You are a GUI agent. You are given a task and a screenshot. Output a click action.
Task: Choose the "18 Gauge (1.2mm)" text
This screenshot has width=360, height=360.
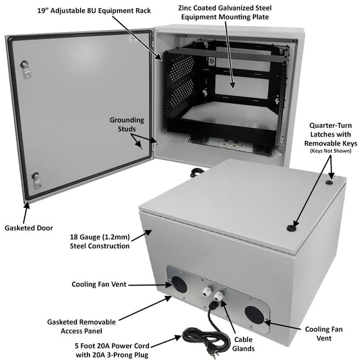coord(100,236)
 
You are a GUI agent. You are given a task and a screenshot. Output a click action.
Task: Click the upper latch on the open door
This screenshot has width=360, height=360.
coord(25,66)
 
